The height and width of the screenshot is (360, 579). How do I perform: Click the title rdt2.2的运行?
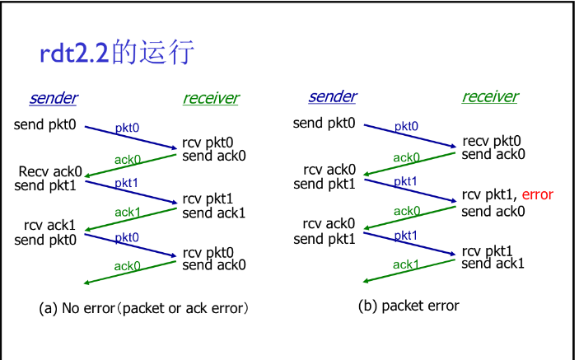coord(117,52)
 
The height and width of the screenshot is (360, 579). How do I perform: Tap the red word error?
coord(537,194)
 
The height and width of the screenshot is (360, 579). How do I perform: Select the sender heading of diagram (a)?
coord(54,98)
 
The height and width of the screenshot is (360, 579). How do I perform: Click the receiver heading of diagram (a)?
coord(211,98)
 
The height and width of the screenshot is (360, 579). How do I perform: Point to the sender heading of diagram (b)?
coord(333,96)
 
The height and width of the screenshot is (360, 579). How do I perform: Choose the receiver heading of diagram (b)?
coord(490,96)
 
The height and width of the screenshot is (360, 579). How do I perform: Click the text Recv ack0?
coord(50,171)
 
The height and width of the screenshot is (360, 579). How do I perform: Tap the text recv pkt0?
coord(492,141)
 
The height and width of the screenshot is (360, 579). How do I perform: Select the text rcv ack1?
coord(49,225)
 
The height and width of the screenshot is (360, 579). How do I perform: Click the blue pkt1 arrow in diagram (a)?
coord(131,192)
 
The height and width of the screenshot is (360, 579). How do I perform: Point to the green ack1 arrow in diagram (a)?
coord(131,220)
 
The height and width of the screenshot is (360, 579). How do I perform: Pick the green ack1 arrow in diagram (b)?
coord(409,271)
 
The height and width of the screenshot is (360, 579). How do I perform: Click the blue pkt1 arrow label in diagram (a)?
coord(126,183)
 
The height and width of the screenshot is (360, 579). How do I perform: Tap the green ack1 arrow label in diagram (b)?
coord(406,264)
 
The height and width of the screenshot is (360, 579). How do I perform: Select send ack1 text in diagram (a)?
coord(214,213)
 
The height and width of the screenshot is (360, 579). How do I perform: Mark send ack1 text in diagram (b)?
coord(493,264)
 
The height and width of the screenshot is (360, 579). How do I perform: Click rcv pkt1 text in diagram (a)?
coord(208,199)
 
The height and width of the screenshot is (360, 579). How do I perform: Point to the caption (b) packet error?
coord(409,306)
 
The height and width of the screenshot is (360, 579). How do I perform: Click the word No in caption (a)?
coord(71,308)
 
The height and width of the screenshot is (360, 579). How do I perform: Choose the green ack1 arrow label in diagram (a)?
coord(128,213)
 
